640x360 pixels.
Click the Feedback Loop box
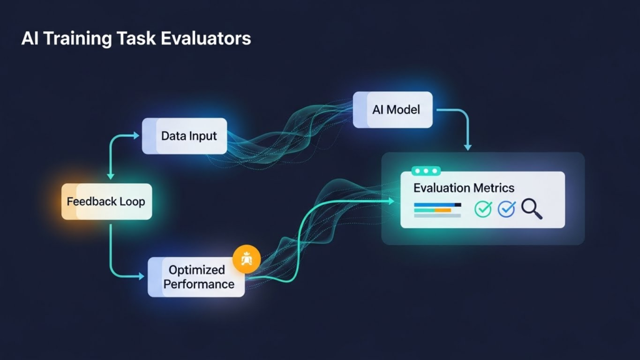106,202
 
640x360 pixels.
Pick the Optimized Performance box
196,277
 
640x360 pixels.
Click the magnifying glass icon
531,209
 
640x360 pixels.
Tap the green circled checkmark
483,209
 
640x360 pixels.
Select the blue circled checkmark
506,209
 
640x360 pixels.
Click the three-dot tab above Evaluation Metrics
426,171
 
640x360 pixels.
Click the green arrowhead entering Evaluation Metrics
391,201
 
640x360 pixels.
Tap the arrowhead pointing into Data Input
137,134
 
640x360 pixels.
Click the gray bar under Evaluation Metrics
437,216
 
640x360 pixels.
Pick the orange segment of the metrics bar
442,211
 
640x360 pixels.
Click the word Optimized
197,270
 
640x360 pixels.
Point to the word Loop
132,202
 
